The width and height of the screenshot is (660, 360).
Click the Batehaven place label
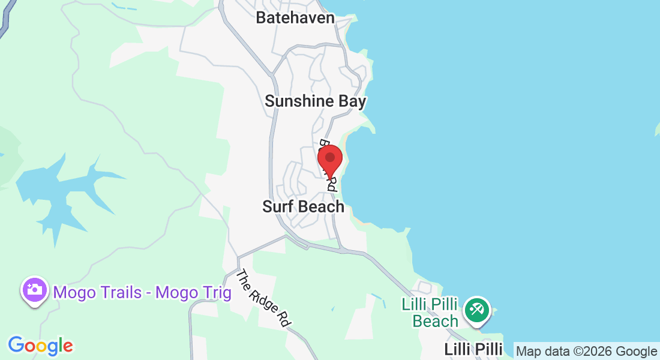(x=295, y=17)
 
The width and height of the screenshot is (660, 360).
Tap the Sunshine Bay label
(x=315, y=101)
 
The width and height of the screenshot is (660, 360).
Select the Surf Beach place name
(x=303, y=207)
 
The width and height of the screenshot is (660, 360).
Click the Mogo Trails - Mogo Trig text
(x=142, y=293)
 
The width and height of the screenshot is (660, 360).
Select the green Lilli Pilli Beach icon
(x=478, y=310)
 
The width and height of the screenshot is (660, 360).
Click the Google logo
(x=40, y=346)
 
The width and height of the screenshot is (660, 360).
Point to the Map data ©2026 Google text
(x=586, y=352)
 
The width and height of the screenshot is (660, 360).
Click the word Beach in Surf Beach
(x=322, y=207)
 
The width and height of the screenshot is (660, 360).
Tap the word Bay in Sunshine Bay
(x=352, y=101)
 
